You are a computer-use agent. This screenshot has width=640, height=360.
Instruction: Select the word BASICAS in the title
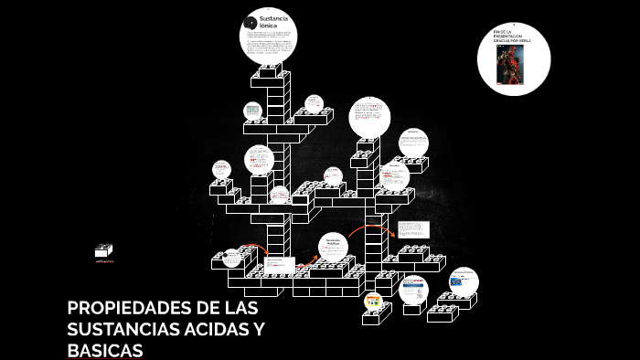pos(105,350)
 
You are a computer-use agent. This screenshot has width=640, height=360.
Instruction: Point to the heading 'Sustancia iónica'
pos(273,22)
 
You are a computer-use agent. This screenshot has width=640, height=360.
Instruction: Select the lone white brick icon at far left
pos(103,249)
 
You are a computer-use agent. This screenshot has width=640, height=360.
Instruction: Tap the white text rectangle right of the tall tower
pos(413,229)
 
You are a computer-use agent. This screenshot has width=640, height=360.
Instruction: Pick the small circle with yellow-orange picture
pos(373,301)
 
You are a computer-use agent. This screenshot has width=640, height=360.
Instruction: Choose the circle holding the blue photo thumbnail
pos(463,281)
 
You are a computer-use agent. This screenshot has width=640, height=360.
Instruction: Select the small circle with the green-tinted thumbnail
pos(252,111)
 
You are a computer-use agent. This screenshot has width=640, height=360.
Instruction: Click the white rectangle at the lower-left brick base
pos(279,265)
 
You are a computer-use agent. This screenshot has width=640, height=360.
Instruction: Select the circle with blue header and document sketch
pos(413,290)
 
